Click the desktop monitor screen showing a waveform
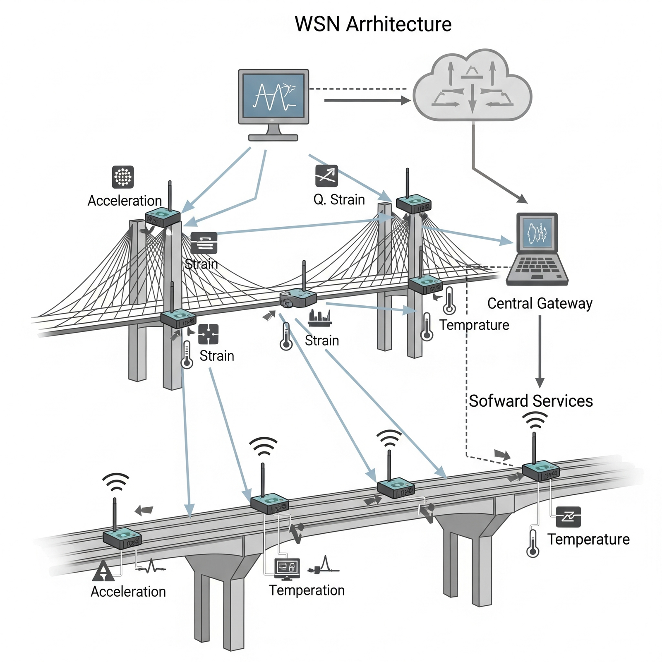point(273,96)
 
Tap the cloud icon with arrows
point(473,87)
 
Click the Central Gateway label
point(540,303)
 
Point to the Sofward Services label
point(531,401)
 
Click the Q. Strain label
point(339,200)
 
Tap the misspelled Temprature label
point(474,325)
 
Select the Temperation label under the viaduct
point(307,590)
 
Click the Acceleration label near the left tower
point(125,201)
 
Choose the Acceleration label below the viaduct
point(128,591)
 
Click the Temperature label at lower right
point(588,539)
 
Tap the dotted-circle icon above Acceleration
point(123,177)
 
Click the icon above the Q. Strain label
point(326,176)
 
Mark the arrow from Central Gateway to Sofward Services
point(540,352)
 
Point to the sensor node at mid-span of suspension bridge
point(298,298)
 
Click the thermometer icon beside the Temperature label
point(532,543)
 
